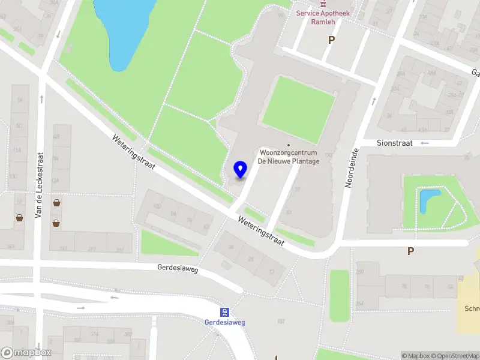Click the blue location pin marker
click(x=241, y=170)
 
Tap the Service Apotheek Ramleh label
click(x=323, y=17)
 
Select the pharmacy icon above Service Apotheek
click(x=323, y=2)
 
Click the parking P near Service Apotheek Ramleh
click(x=331, y=40)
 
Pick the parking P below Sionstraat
click(x=410, y=251)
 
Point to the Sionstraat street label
click(x=396, y=143)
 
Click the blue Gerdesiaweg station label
click(x=225, y=322)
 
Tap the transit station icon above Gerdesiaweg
click(x=225, y=311)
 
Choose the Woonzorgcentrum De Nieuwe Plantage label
click(x=289, y=157)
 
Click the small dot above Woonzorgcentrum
click(x=289, y=145)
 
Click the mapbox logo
click(x=26, y=353)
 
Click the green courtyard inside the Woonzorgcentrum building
click(x=298, y=108)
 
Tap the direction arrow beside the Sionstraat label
click(x=425, y=143)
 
